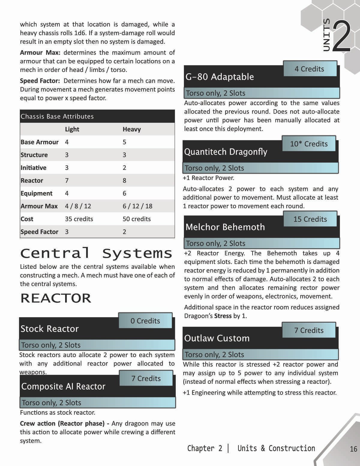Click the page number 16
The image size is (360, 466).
[x=353, y=449]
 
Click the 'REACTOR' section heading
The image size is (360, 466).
[x=56, y=298]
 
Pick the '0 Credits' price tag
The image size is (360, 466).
[x=145, y=321]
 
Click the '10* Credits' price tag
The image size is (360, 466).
[x=309, y=144]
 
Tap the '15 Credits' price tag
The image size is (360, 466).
[x=310, y=219]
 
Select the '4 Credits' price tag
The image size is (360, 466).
[x=309, y=69]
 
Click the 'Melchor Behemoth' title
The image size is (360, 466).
[x=225, y=227]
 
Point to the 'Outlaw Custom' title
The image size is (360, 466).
[x=217, y=338]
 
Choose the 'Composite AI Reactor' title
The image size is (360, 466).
[x=63, y=386]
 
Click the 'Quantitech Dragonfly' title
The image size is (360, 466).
[x=226, y=152]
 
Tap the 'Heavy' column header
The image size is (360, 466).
[x=131, y=129]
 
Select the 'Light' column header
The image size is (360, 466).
[x=72, y=129]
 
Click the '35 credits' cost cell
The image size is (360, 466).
[x=79, y=219]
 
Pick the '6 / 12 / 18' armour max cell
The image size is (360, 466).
[x=137, y=206]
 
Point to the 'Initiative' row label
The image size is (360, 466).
[x=33, y=168]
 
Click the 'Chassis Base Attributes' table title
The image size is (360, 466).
[x=57, y=116]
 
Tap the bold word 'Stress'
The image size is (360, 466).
[x=223, y=316]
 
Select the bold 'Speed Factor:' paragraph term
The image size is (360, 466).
[x=40, y=81]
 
